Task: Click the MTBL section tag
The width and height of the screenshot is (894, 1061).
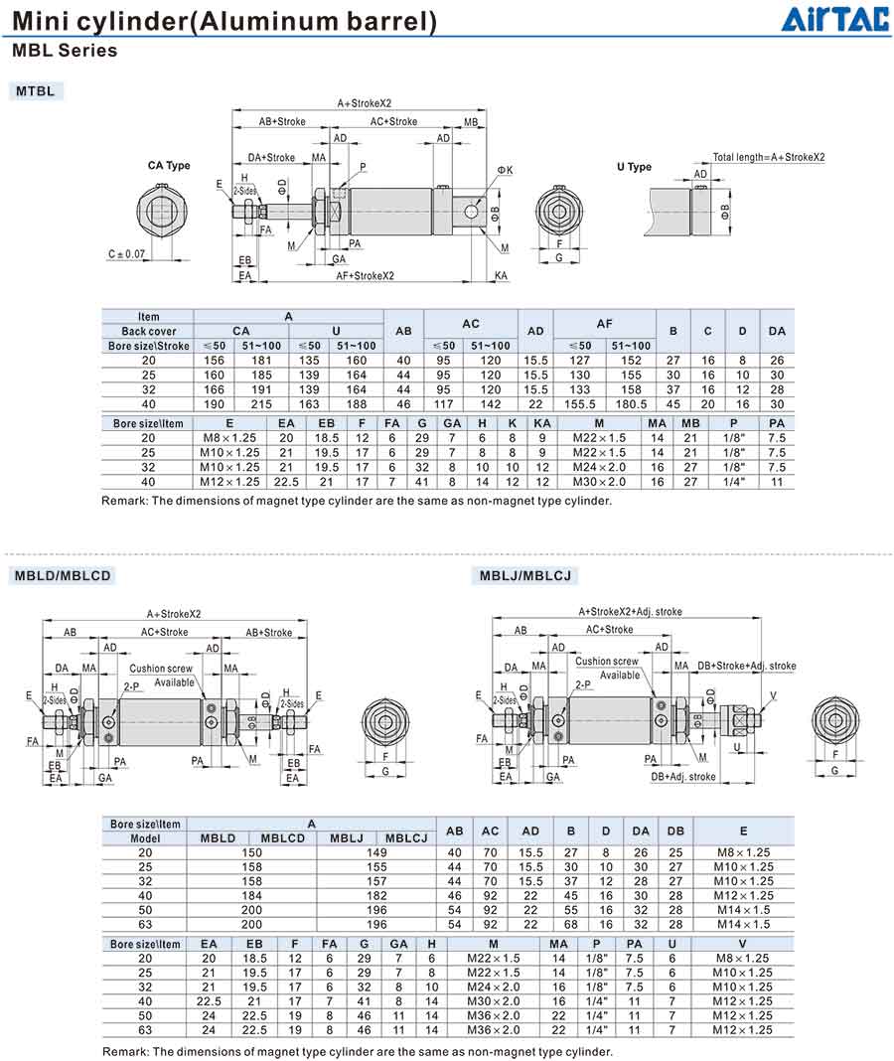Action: pos(38,91)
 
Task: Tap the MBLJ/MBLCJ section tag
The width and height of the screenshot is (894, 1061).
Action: pos(525,575)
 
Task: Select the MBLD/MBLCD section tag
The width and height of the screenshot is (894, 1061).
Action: pos(62,575)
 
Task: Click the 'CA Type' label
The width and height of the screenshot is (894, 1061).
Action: pos(169,166)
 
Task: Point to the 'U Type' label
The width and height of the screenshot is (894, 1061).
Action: pos(634,167)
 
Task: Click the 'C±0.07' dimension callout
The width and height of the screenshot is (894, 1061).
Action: pos(126,254)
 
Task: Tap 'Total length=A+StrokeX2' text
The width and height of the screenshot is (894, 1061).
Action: pos(768,157)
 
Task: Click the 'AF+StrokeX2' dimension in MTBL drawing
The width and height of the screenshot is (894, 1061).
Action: pos(365,275)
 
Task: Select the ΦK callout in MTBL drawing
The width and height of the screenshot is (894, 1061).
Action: pos(505,171)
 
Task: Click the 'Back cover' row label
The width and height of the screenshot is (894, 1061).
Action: pos(148,331)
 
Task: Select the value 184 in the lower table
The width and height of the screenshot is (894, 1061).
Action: pos(251,895)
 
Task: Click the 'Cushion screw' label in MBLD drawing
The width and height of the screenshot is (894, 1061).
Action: pos(161,669)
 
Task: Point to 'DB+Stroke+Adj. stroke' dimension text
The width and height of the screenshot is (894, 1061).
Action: pos(746,666)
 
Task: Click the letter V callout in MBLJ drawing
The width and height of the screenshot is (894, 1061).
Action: pos(773,694)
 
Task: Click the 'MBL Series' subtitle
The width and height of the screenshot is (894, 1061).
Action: pos(65,51)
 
